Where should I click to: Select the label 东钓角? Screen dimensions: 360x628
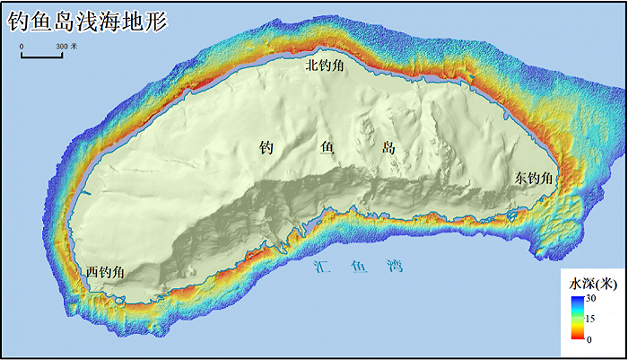coord(534,180)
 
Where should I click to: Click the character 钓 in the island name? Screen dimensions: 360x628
coord(266,148)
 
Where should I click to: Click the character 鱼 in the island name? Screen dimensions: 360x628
coord(327,148)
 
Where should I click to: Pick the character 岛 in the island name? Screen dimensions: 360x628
coord(388,148)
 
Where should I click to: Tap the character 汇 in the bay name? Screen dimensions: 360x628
coord(324,267)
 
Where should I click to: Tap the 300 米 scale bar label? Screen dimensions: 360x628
coord(66,45)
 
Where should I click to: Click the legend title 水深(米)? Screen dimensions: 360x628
coord(593,282)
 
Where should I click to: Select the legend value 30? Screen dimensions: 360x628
coord(591,298)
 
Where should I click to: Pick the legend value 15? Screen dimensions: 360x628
coord(591,318)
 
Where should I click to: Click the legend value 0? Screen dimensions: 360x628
coord(589,338)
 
